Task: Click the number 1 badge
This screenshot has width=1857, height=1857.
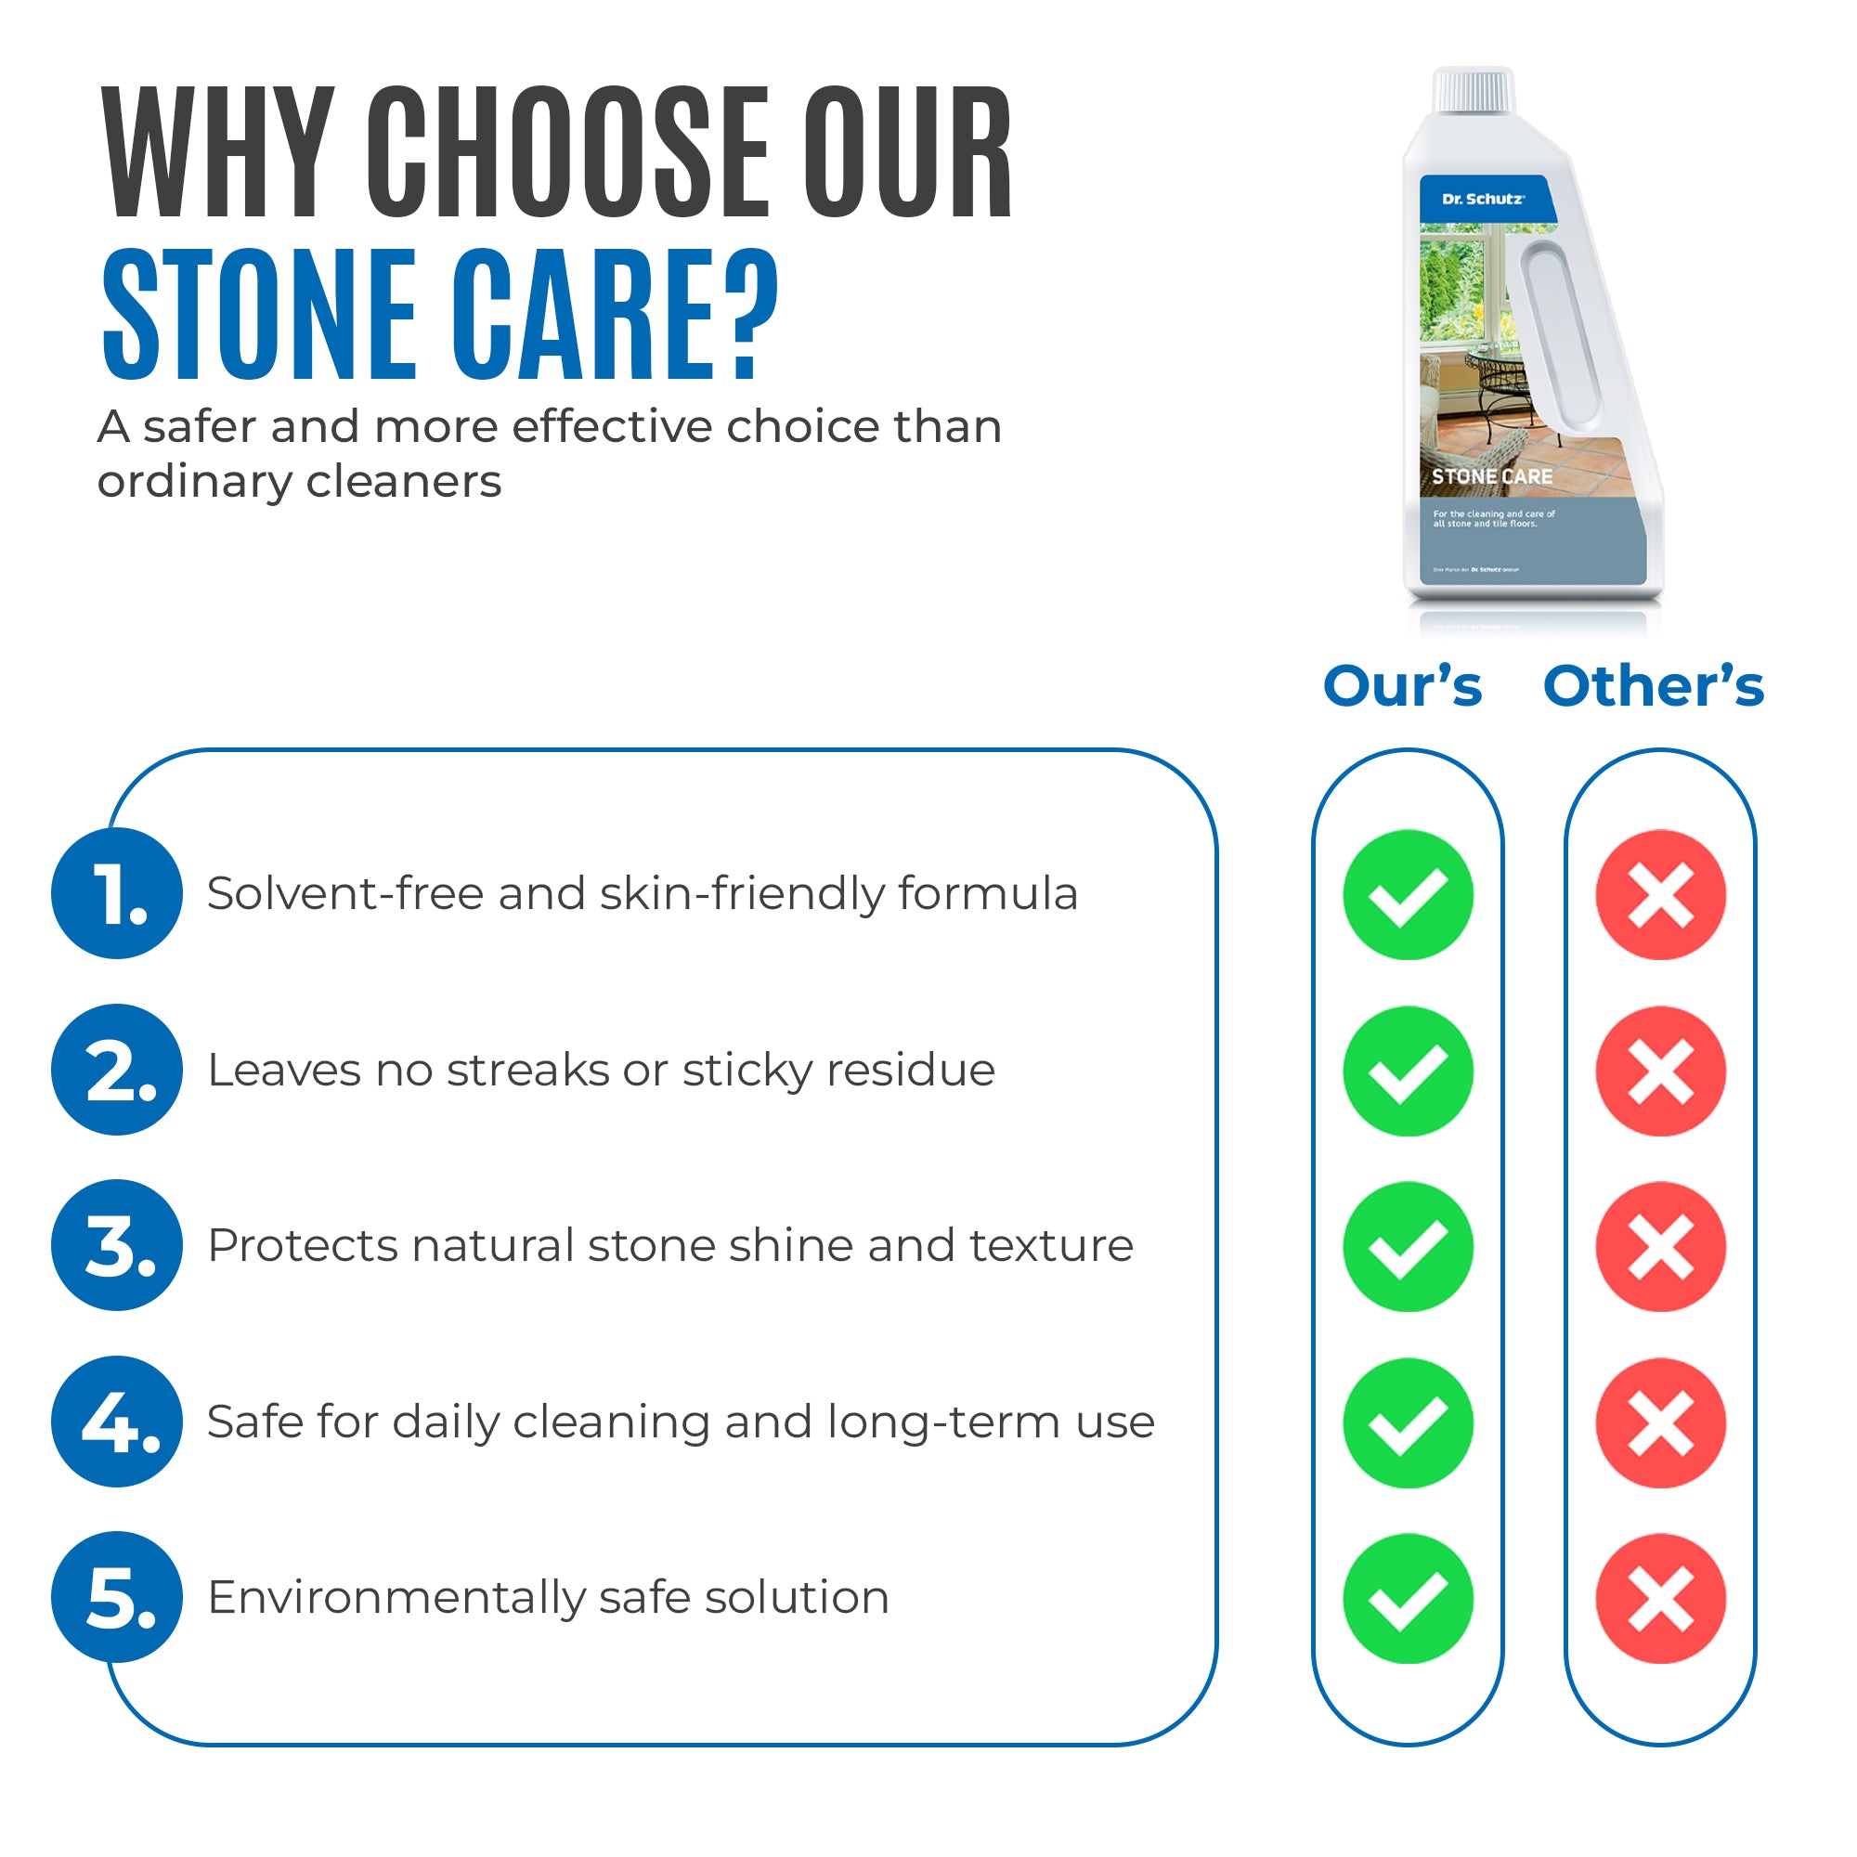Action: [x=116, y=893]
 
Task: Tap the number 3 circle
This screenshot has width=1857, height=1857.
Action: [x=116, y=1245]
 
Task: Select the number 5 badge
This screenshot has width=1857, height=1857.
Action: [x=116, y=1596]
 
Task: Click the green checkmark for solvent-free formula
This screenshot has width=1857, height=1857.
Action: [x=1408, y=895]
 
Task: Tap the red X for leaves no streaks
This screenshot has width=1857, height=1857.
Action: [x=1660, y=1071]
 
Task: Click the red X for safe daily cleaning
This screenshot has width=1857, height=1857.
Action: [x=1660, y=1422]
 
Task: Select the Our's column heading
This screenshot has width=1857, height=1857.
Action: [x=1402, y=686]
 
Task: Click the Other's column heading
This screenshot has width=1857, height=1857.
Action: [x=1654, y=686]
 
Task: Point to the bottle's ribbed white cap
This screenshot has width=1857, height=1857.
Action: [x=1474, y=91]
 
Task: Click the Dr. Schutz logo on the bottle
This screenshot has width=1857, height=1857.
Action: [x=1482, y=199]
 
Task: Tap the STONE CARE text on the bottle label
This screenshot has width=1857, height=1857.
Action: [x=1492, y=476]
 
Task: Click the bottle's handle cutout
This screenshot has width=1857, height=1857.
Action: [x=1562, y=336]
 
